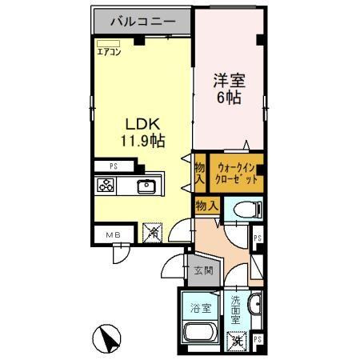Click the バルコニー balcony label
(x=143, y=22)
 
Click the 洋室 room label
(x=230, y=80)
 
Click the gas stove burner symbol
(x=106, y=186)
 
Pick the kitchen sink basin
(x=146, y=187)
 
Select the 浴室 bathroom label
(x=198, y=306)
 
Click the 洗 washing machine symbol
(x=236, y=342)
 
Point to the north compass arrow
(x=107, y=339)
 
